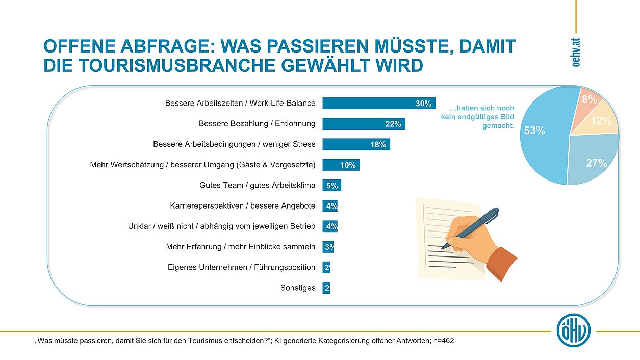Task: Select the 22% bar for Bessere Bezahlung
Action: [364, 124]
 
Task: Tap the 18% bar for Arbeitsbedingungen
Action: [356, 144]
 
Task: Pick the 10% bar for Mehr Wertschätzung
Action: [341, 165]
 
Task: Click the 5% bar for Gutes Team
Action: [331, 186]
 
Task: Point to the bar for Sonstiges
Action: [326, 288]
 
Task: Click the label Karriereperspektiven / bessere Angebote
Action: [243, 206]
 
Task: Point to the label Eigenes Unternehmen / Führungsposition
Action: [242, 267]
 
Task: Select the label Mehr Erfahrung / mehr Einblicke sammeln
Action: [241, 247]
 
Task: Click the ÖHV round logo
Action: [574, 330]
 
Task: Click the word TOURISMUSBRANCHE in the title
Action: [168, 65]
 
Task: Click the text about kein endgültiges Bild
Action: [478, 117]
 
